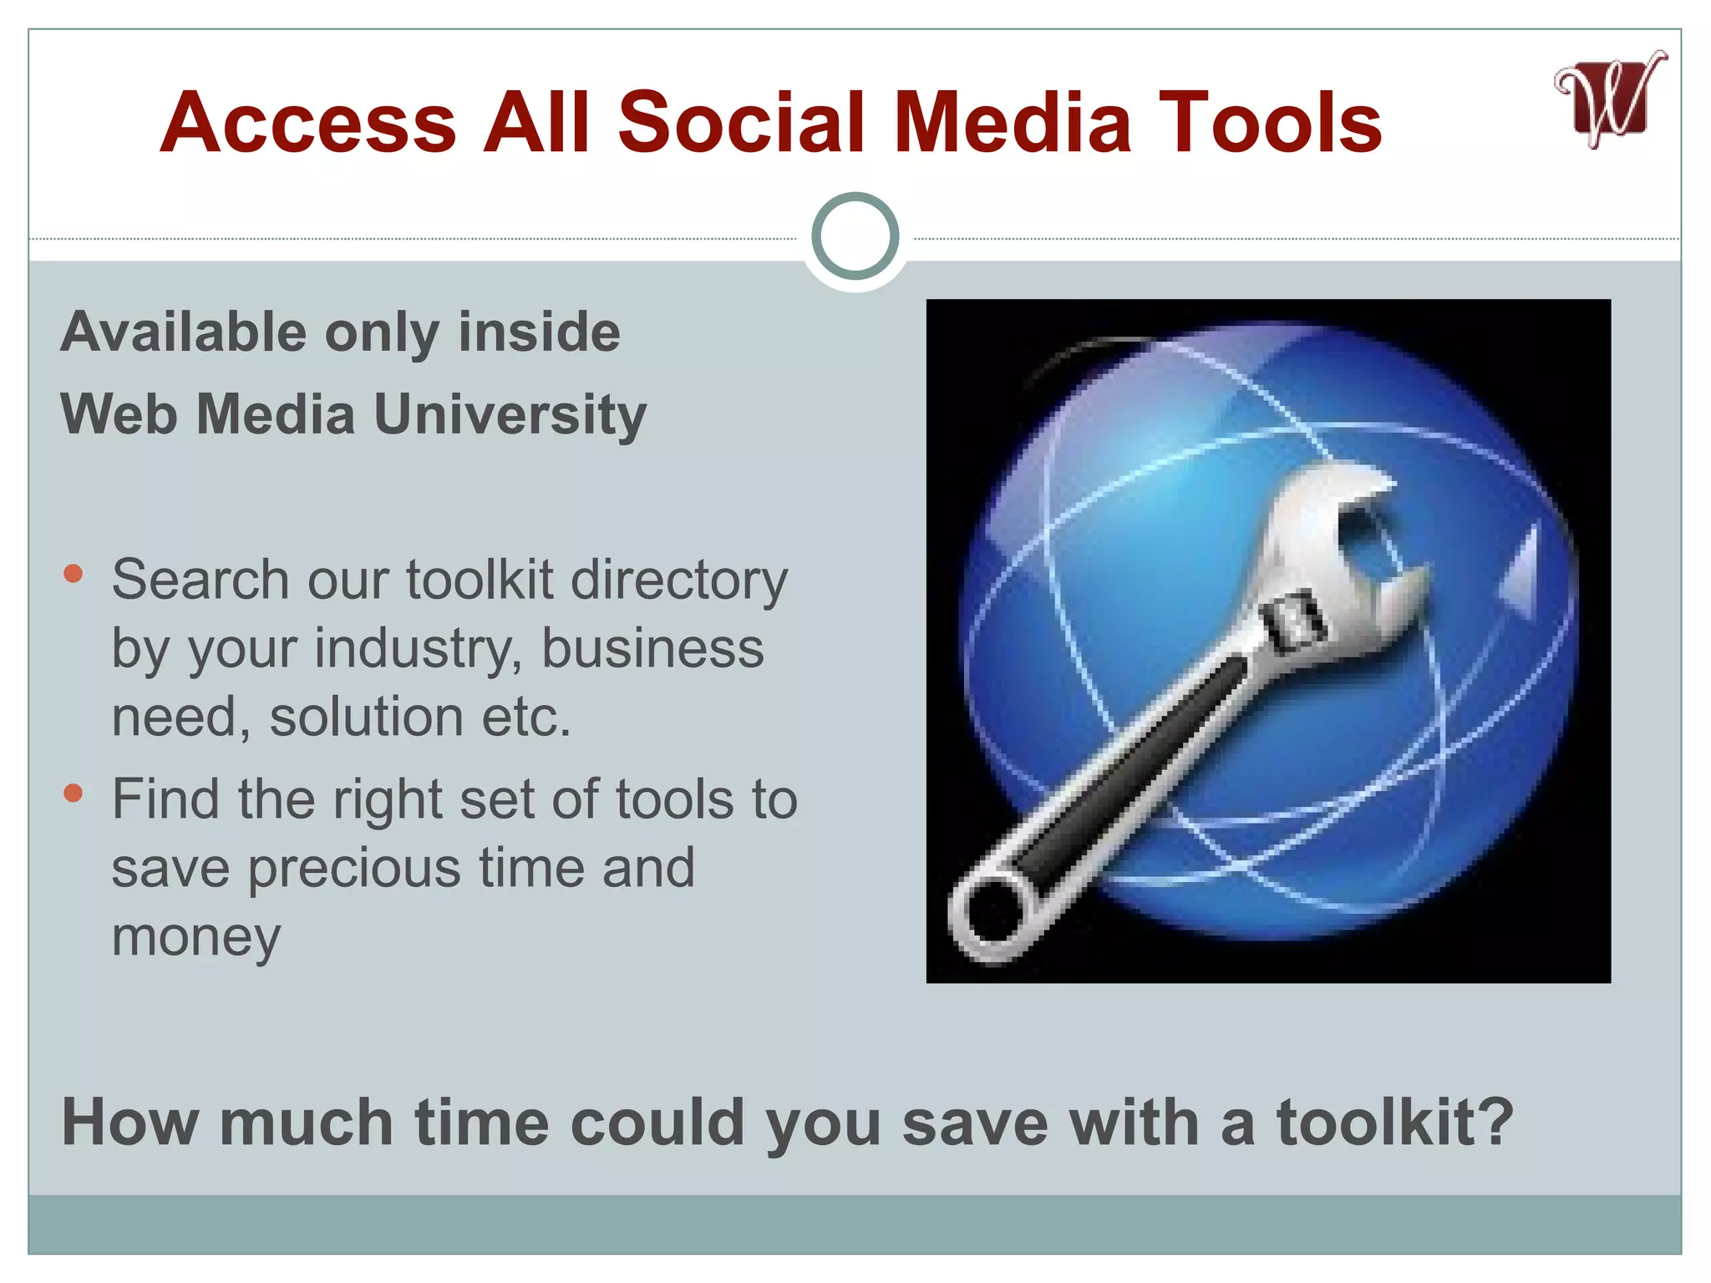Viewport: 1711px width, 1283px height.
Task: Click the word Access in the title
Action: tap(308, 123)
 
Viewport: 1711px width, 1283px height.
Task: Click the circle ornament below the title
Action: tap(855, 236)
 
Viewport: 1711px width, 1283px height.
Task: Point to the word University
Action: tap(510, 414)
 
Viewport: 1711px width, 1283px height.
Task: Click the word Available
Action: tap(184, 332)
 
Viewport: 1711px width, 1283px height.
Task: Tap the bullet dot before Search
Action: tap(74, 573)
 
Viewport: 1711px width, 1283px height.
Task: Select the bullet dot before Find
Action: tap(74, 793)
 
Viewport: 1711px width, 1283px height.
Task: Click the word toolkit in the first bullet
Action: tap(480, 580)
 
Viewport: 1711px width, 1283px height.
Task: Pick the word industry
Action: tap(419, 649)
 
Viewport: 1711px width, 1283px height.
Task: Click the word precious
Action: tap(354, 869)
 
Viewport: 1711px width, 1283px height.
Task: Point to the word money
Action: tap(196, 937)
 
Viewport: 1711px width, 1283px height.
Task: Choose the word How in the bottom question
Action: tap(130, 1123)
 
